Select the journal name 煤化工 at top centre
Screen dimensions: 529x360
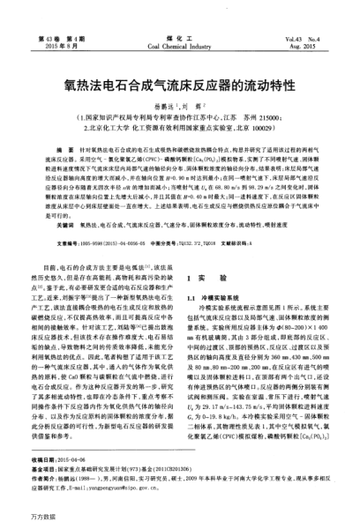[x=180, y=40]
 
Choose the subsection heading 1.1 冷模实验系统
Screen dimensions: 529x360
[x=215, y=274]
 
